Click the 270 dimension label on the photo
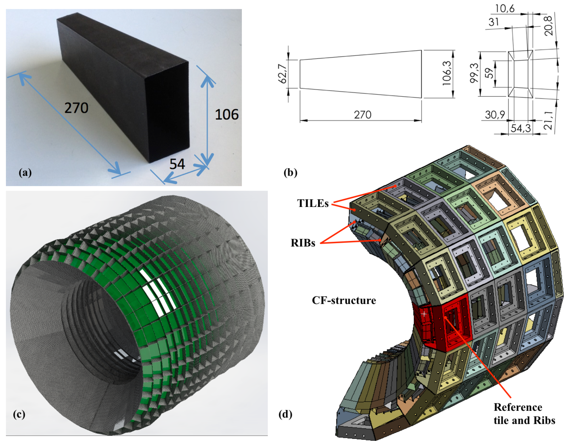[76, 108]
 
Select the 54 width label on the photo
[177, 164]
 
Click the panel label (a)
[25, 173]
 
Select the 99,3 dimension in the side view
[474, 73]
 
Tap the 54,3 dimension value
[520, 128]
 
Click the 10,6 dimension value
[505, 9]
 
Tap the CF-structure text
[344, 300]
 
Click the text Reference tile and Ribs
[524, 414]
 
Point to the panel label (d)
[285, 414]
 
